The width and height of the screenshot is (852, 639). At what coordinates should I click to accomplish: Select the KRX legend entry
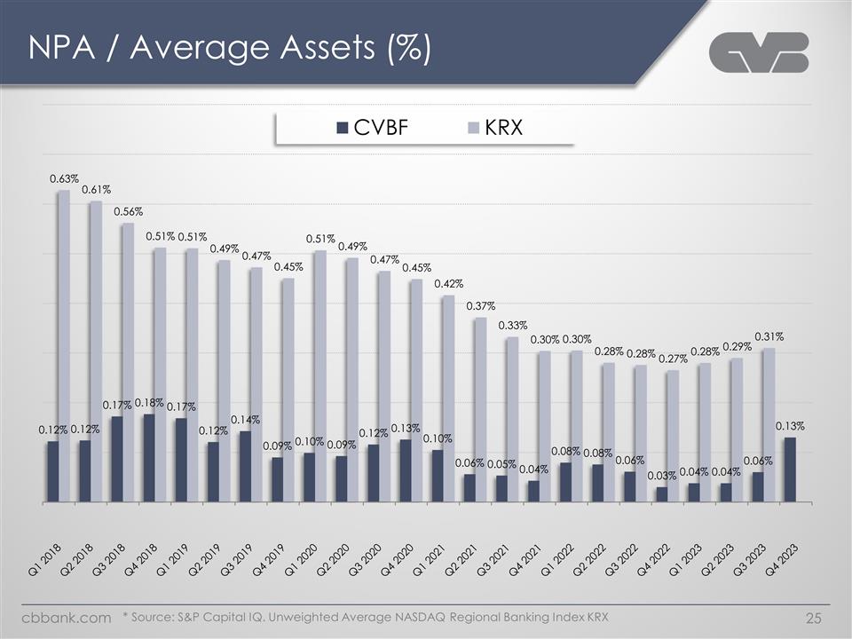pyautogui.click(x=495, y=128)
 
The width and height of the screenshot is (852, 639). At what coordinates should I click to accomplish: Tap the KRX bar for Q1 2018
pyautogui.click(x=64, y=346)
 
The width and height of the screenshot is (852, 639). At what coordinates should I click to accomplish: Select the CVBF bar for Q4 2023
pyautogui.click(x=790, y=469)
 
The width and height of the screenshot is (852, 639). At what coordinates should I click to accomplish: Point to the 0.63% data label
pyautogui.click(x=64, y=179)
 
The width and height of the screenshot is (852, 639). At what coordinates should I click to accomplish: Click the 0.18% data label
pyautogui.click(x=149, y=402)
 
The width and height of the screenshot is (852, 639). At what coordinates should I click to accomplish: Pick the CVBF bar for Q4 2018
pyautogui.click(x=148, y=457)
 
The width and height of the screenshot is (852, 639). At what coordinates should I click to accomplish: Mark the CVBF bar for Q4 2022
pyautogui.click(x=662, y=493)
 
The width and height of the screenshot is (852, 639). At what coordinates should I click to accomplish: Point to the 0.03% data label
pyautogui.click(x=662, y=476)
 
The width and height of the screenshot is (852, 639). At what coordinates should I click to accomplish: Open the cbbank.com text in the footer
pyautogui.click(x=67, y=616)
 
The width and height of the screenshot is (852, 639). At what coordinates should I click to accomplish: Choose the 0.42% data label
pyautogui.click(x=448, y=284)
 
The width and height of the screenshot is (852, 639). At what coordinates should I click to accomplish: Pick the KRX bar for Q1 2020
pyautogui.click(x=320, y=375)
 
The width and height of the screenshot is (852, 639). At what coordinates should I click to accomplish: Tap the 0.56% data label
pyautogui.click(x=128, y=211)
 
